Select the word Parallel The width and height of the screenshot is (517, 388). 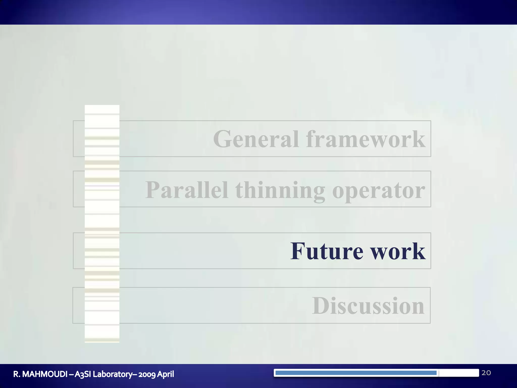(x=187, y=190)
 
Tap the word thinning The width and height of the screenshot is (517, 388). (x=280, y=190)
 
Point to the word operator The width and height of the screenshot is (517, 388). (x=379, y=190)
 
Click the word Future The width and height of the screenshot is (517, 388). (x=327, y=251)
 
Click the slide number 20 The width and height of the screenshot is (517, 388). (x=486, y=373)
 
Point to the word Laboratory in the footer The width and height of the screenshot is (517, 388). (x=112, y=374)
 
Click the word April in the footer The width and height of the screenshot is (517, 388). (x=166, y=374)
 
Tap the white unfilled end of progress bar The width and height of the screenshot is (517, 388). (x=458, y=373)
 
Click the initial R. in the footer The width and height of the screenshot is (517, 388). (x=17, y=374)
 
